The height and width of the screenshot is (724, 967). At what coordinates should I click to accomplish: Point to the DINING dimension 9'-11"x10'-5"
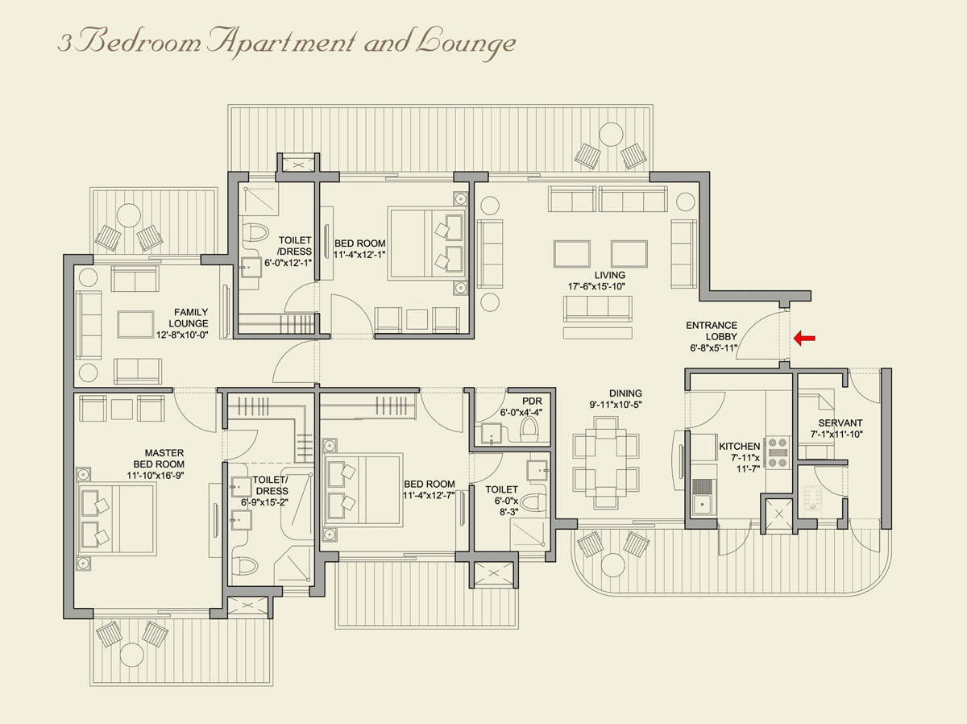point(614,404)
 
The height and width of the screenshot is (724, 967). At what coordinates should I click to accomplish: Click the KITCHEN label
point(739,446)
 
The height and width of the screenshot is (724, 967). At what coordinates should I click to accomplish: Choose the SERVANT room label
point(840,423)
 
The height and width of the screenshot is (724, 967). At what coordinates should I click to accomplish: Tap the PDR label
point(531,401)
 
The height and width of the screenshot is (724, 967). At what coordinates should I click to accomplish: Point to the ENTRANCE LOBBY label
point(712,326)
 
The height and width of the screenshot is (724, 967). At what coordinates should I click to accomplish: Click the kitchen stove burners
point(777,451)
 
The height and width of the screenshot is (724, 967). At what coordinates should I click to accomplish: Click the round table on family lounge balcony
point(129,215)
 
